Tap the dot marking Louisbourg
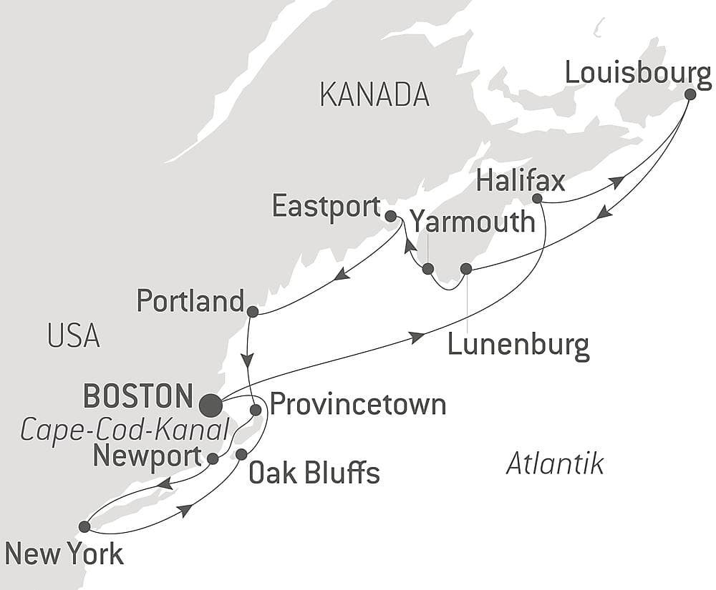690,94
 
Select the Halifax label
520,181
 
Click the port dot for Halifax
537,198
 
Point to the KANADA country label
374,95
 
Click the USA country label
74,335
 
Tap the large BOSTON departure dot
211,406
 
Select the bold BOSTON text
138,395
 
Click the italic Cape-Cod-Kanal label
125,430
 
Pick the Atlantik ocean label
555,463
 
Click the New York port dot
84,526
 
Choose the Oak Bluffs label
314,472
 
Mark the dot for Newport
213,458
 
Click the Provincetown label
358,405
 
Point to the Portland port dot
252,312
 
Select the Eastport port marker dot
390,215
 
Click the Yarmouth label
476,222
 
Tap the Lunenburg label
518,345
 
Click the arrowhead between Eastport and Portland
342,274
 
